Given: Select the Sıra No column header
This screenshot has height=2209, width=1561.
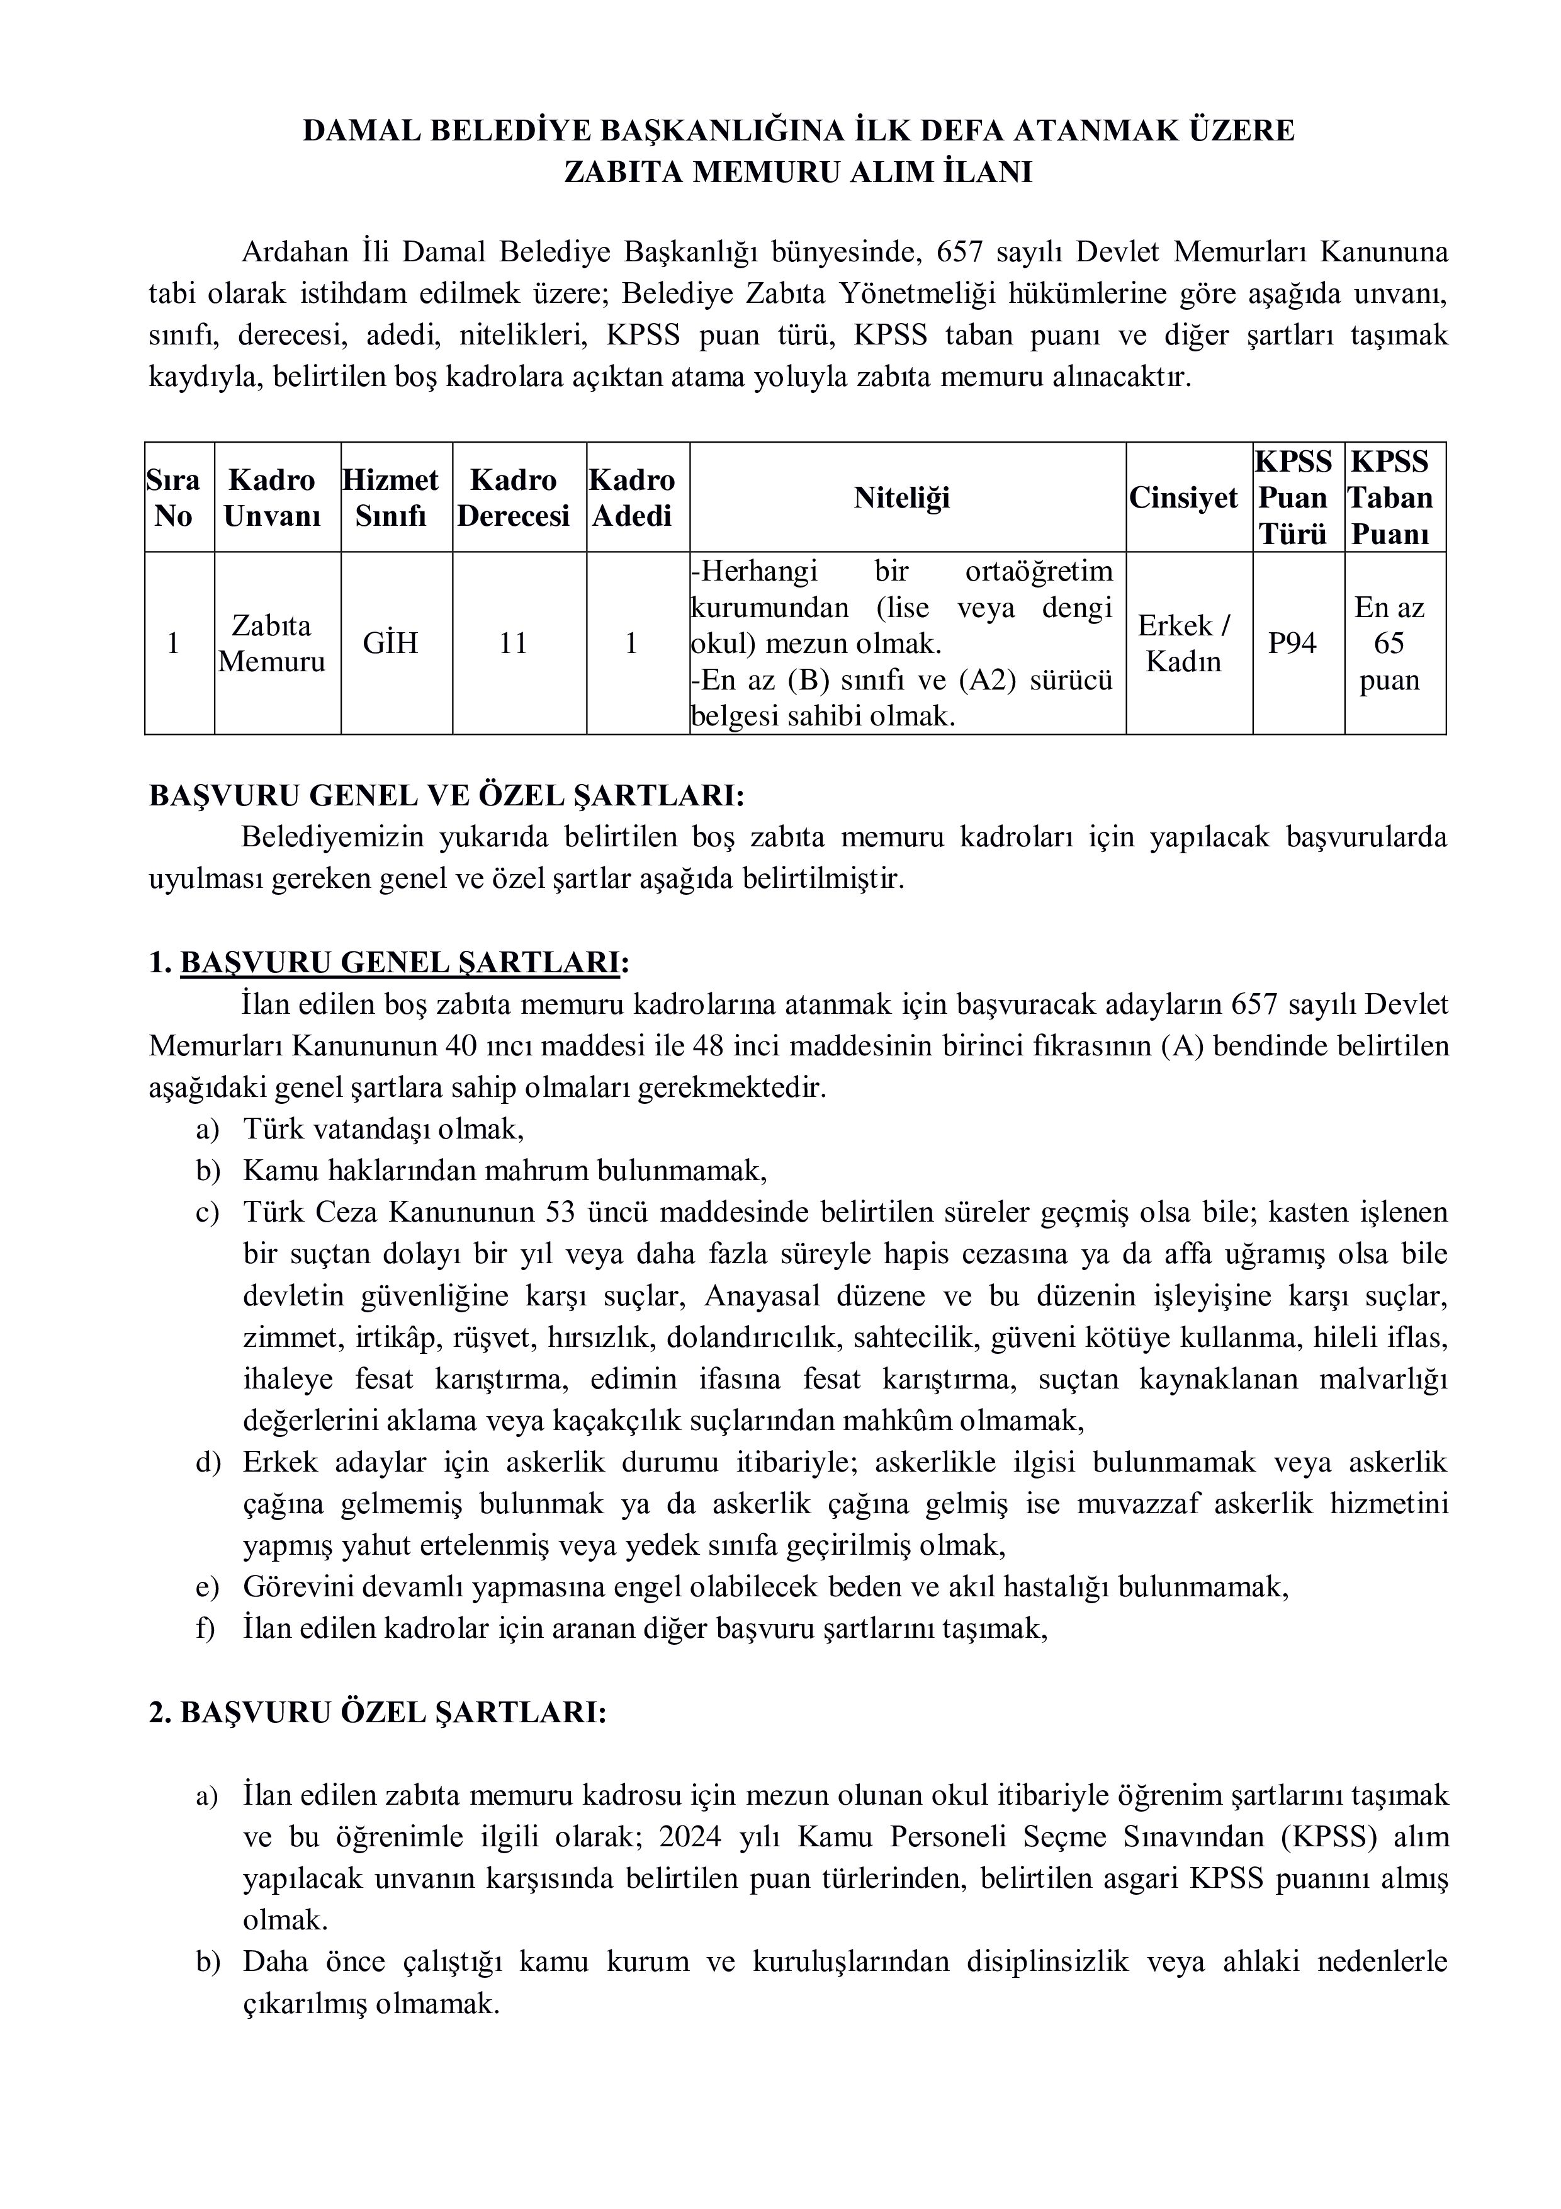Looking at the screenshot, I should pyautogui.click(x=174, y=497).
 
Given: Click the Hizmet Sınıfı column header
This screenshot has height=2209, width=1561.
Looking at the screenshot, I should pyautogui.click(x=390, y=497).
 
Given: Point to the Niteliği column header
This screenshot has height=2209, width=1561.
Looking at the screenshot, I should pyautogui.click(x=901, y=497).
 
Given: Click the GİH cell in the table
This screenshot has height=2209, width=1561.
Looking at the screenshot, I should pyautogui.click(x=390, y=643).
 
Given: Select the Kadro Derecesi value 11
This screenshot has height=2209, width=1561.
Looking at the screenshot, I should pyautogui.click(x=514, y=643).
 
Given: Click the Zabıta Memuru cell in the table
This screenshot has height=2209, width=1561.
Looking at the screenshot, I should pyautogui.click(x=272, y=644).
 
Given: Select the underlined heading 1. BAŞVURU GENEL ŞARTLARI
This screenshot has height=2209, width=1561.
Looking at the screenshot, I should pyautogui.click(x=390, y=962).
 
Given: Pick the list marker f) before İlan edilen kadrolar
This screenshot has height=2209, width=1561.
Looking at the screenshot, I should pyautogui.click(x=206, y=1628).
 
